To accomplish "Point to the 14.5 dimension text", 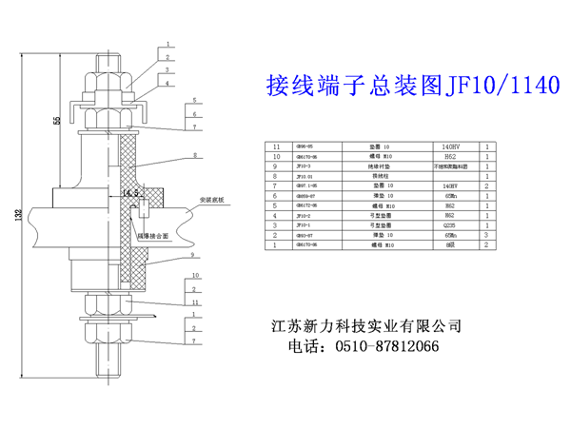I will click(x=131, y=194).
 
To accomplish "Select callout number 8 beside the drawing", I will click(x=194, y=154).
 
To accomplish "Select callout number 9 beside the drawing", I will click(x=194, y=256).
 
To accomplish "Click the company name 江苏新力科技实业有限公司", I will click(x=367, y=326).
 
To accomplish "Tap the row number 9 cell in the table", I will click(x=277, y=167).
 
